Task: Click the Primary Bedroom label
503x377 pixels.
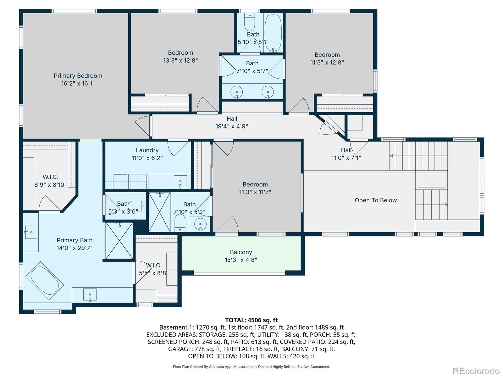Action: (x=78, y=76)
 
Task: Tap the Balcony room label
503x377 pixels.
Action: (x=241, y=252)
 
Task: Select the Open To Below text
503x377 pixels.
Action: (x=376, y=200)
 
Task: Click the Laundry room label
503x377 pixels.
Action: (x=147, y=150)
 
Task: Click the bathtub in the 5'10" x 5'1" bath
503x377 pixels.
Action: (x=273, y=33)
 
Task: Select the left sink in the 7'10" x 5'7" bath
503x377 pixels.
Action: (x=236, y=92)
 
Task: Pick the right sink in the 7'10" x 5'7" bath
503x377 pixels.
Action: (x=268, y=92)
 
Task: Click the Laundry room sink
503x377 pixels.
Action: (x=180, y=182)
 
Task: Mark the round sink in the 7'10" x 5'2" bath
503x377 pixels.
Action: (x=200, y=224)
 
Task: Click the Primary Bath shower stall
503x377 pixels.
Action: (x=119, y=241)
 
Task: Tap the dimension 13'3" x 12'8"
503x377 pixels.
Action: (x=180, y=60)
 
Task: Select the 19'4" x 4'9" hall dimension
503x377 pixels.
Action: (x=232, y=126)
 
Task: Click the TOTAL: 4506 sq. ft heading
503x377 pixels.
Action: (x=251, y=320)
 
